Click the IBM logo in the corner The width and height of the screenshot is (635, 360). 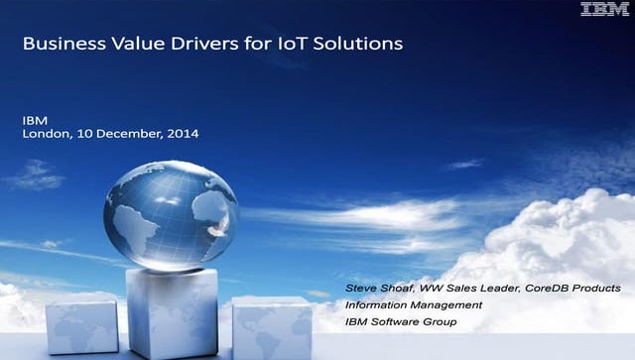point(603,10)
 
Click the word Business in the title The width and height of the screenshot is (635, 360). point(57,45)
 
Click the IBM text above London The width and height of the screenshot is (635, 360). point(34,119)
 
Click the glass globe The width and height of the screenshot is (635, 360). point(170,215)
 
